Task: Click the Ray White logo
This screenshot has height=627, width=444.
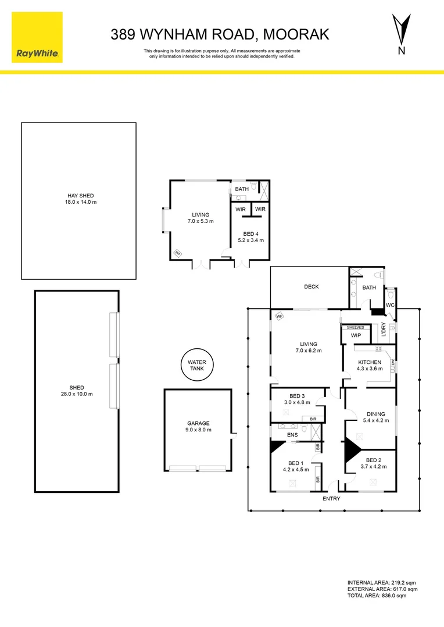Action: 37,37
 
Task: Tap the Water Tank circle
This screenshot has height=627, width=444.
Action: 197,365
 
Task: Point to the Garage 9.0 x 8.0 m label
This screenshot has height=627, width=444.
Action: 199,426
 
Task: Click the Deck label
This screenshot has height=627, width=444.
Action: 311,287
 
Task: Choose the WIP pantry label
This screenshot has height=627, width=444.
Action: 356,336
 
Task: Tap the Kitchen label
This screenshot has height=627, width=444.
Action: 370,362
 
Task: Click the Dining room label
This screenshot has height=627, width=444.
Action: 376,414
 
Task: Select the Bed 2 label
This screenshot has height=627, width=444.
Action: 374,460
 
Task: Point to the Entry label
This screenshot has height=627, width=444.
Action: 331,499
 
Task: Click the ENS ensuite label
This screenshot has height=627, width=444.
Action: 293,435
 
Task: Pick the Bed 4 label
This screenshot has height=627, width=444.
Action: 251,234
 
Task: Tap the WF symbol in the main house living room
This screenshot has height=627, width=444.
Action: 280,316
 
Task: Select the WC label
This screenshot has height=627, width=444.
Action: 390,305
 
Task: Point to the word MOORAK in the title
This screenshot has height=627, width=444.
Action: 296,34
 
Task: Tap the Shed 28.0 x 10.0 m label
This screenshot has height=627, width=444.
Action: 77,391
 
